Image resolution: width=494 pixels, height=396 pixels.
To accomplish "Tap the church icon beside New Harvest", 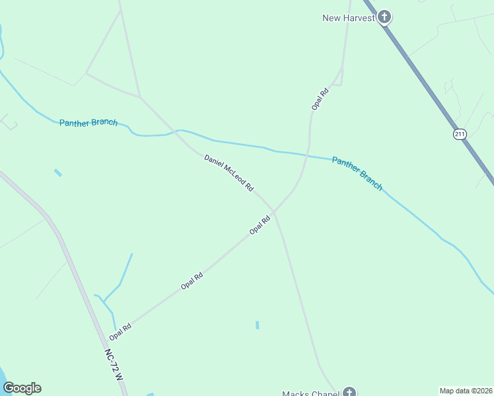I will [384, 17].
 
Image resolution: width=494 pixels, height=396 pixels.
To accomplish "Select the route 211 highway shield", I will [460, 134].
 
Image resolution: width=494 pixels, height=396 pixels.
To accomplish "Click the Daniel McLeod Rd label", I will [229, 173].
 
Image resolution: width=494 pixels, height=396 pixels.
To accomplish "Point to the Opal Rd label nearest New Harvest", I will [320, 98].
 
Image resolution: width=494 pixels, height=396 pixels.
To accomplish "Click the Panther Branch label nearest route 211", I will [357, 174].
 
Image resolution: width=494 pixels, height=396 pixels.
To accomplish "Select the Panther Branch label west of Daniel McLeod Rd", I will [88, 123].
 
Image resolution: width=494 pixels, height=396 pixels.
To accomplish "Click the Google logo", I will [22, 388].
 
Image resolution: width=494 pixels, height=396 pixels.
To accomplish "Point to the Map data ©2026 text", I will [466, 391].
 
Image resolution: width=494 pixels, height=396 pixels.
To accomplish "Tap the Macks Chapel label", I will [310, 394].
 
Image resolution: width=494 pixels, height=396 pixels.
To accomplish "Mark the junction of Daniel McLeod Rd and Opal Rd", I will [274, 212].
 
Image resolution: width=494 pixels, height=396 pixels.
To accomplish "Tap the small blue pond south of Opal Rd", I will [257, 325].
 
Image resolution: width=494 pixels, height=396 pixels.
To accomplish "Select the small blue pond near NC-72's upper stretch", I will [58, 173].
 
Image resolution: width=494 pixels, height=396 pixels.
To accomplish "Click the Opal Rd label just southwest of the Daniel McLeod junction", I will [260, 225].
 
